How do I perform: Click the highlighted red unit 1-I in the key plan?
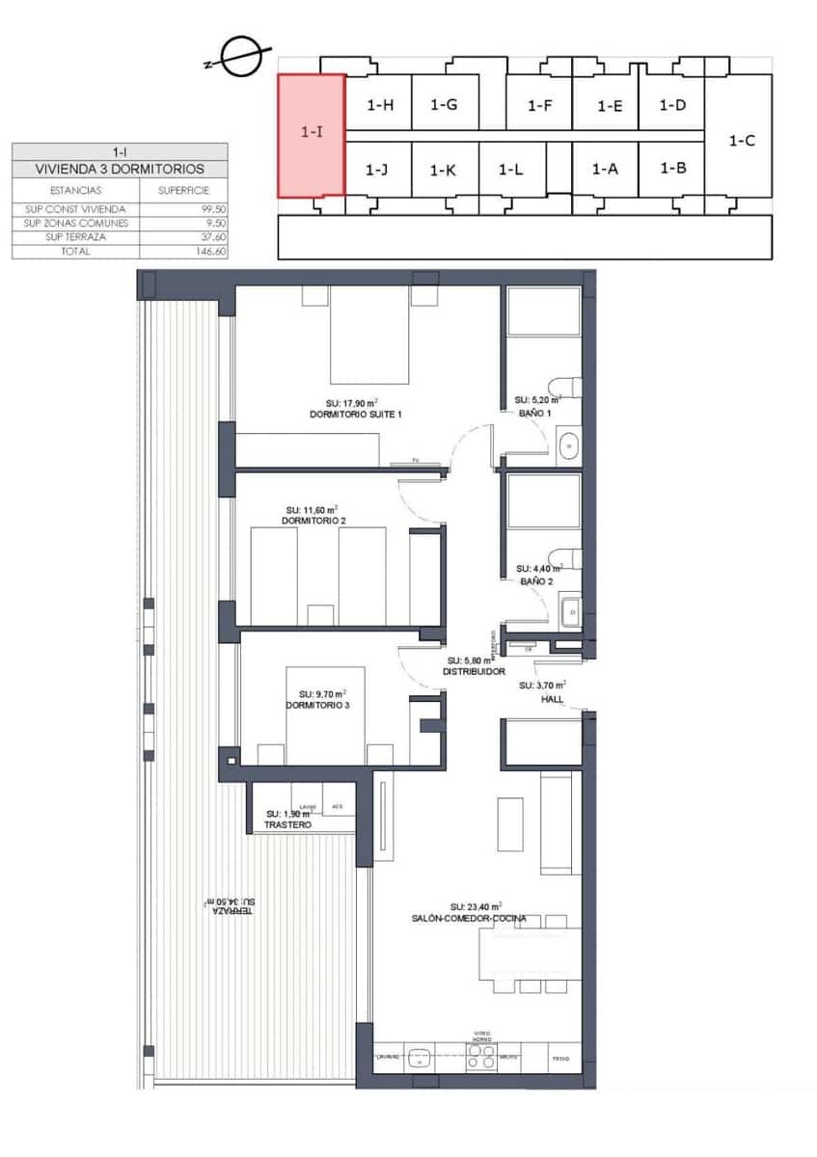(x=312, y=135)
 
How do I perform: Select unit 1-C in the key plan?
(x=741, y=140)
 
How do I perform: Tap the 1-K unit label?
(x=443, y=170)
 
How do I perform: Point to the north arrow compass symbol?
(x=239, y=57)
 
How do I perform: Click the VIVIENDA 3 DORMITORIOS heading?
(x=120, y=168)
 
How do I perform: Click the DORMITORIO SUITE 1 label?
(x=355, y=414)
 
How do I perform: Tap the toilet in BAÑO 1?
(x=568, y=387)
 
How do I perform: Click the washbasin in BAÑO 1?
(x=569, y=445)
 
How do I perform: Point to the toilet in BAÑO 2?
(x=567, y=559)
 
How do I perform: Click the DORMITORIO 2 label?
(x=313, y=521)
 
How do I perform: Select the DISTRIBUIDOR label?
(x=475, y=671)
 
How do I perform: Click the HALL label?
(x=552, y=698)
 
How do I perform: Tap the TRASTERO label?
(x=288, y=825)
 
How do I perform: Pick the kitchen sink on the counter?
(x=420, y=1059)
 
